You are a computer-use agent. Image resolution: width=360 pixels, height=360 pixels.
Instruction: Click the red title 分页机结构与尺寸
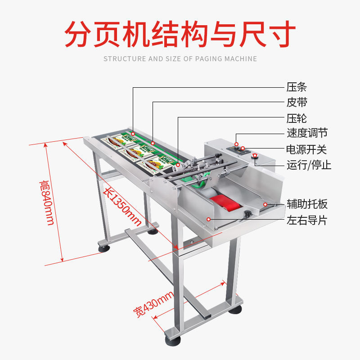(x=180, y=33)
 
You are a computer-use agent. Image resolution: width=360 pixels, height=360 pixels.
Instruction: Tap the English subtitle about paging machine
(x=180, y=58)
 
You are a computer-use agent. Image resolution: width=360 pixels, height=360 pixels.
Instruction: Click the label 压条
(x=297, y=87)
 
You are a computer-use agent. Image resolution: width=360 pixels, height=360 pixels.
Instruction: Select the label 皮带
(x=297, y=102)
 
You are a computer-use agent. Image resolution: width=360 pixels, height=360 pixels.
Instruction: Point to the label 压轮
(x=297, y=118)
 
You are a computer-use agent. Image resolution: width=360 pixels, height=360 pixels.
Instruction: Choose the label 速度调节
(x=307, y=133)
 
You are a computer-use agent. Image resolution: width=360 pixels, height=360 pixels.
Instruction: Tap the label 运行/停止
(x=309, y=165)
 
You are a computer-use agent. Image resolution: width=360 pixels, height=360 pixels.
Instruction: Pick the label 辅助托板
(x=307, y=205)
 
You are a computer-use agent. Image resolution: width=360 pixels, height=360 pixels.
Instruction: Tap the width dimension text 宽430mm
(x=153, y=304)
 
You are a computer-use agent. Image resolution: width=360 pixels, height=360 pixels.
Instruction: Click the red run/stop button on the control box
(x=255, y=156)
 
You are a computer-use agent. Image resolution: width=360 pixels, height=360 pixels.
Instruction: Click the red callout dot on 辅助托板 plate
(x=265, y=204)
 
